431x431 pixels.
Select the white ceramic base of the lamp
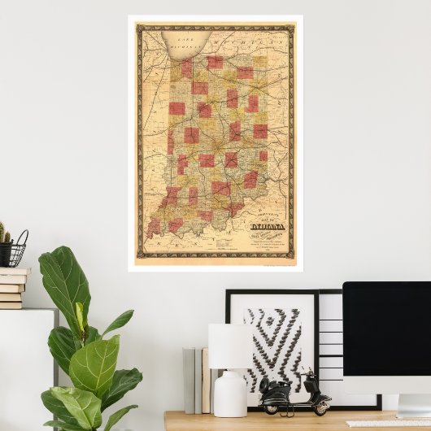(x=229, y=394)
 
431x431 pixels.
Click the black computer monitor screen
(x=386, y=325)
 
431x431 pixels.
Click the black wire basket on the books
(x=17, y=252)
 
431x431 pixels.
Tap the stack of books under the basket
(x=12, y=288)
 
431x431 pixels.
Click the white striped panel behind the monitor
(x=330, y=342)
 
